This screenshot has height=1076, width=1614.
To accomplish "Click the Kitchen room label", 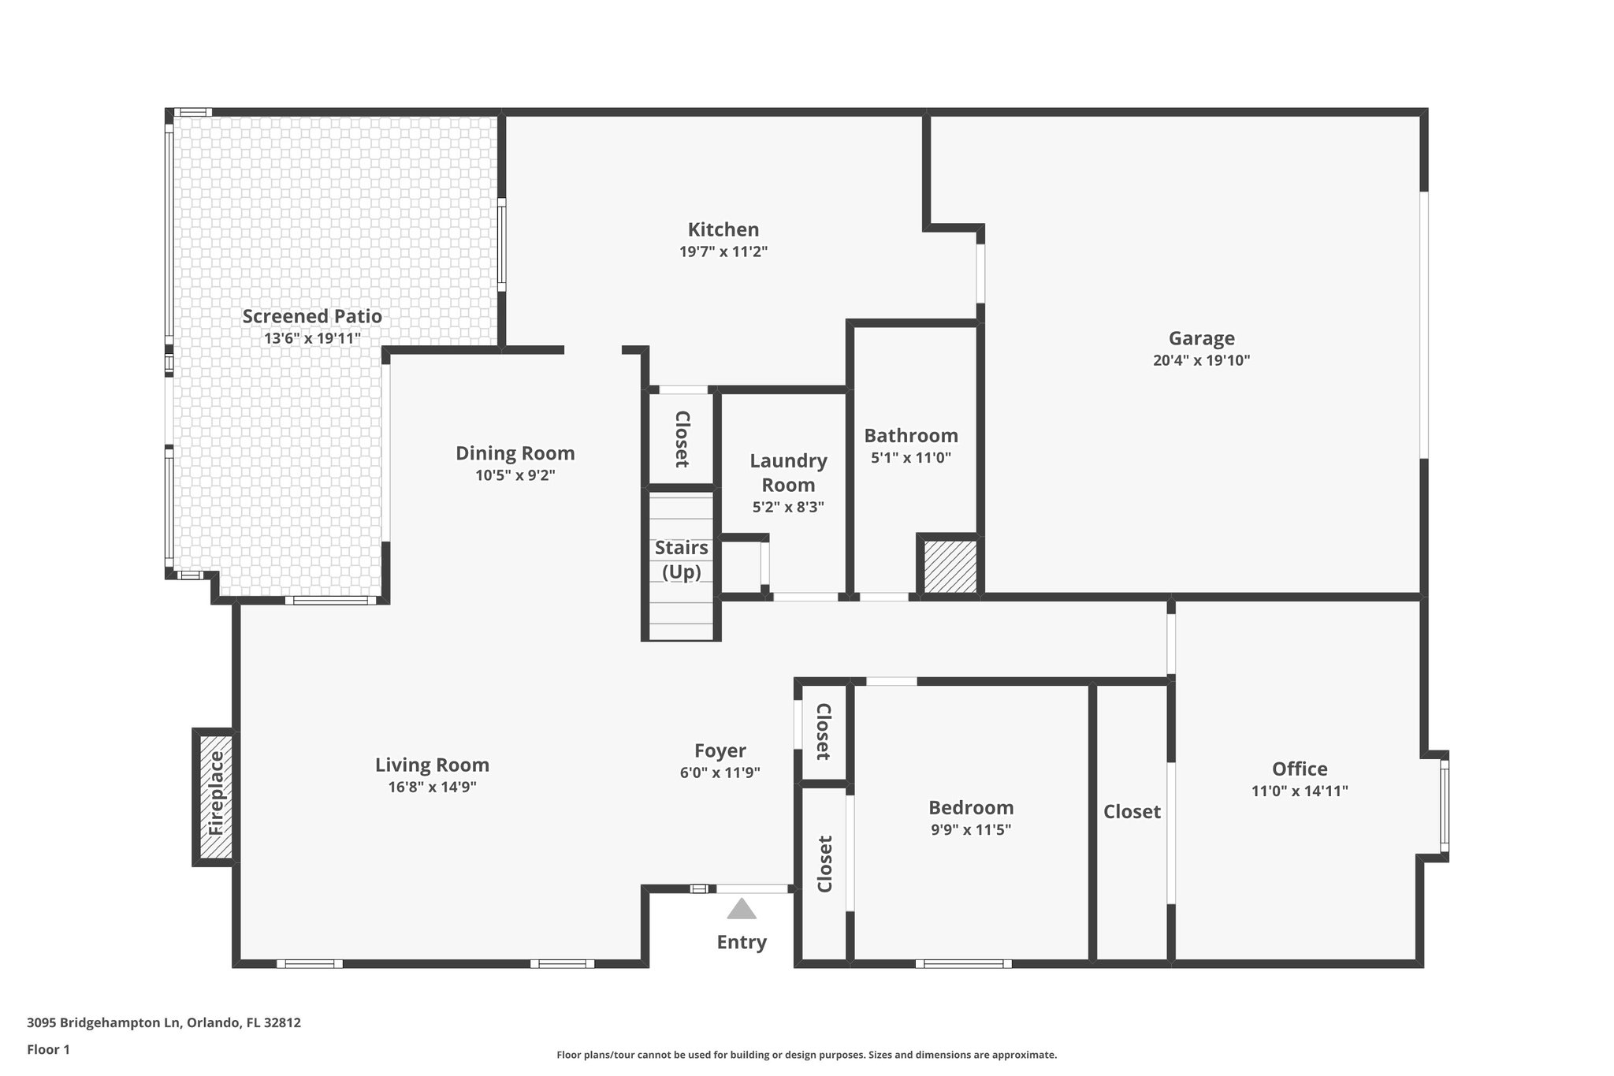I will pyautogui.click(x=723, y=230).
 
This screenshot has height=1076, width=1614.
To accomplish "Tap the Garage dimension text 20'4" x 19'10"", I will pyautogui.click(x=1201, y=361).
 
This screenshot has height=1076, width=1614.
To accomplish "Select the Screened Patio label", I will pyautogui.click(x=312, y=317).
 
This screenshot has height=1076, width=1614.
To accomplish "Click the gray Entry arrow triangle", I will pyautogui.click(x=741, y=910).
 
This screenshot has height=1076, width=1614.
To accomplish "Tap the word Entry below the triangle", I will pyautogui.click(x=741, y=943).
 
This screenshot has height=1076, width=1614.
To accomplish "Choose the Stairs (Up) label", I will pyautogui.click(x=681, y=560).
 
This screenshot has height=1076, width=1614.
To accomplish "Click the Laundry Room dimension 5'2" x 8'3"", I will pyautogui.click(x=788, y=508).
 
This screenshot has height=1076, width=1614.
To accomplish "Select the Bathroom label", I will pyautogui.click(x=911, y=436).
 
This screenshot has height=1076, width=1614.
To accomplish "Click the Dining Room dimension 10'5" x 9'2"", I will pyautogui.click(x=515, y=475).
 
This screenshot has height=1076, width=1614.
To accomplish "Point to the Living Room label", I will pyautogui.click(x=432, y=765).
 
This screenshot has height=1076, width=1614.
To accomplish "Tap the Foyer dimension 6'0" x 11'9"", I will pyautogui.click(x=720, y=773).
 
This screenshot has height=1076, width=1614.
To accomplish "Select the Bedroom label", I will pyautogui.click(x=971, y=808).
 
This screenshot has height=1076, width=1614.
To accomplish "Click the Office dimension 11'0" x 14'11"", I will pyautogui.click(x=1300, y=791).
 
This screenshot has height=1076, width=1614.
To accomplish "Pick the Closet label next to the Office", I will pyautogui.click(x=1132, y=812).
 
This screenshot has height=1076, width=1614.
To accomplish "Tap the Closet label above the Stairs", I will pyautogui.click(x=682, y=439).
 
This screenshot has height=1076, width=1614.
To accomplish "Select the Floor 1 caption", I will pyautogui.click(x=49, y=1050).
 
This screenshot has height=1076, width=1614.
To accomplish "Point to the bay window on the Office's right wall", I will pyautogui.click(x=1444, y=806).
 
